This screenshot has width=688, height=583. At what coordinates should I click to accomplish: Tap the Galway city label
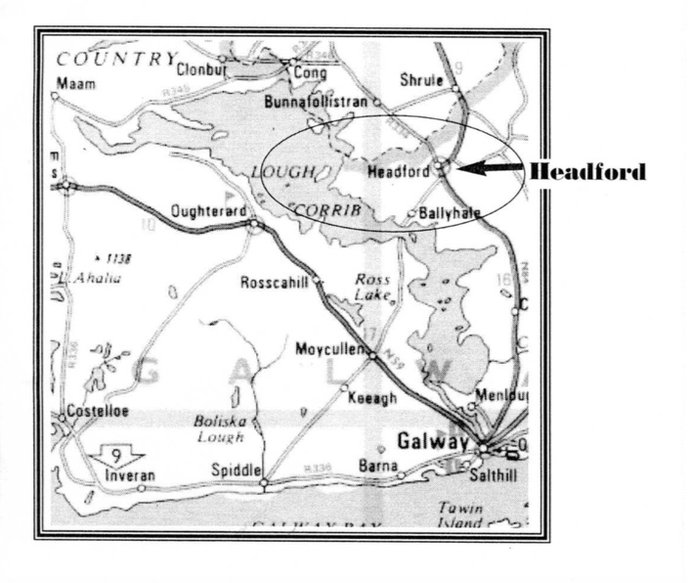pos(432,441)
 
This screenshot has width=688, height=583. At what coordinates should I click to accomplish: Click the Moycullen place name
pos(328,347)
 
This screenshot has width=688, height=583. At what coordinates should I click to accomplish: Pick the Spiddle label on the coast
pos(236,470)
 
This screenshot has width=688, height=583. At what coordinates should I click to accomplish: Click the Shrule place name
pos(422,80)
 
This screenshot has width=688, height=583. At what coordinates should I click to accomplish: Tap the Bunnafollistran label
pos(316,102)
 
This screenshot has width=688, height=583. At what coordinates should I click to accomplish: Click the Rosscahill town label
pos(275,283)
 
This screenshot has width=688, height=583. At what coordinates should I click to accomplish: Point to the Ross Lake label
pos(373,286)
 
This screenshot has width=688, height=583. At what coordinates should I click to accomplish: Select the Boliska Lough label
pos(220,429)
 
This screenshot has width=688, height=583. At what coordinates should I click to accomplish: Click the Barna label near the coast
pos(378,467)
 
